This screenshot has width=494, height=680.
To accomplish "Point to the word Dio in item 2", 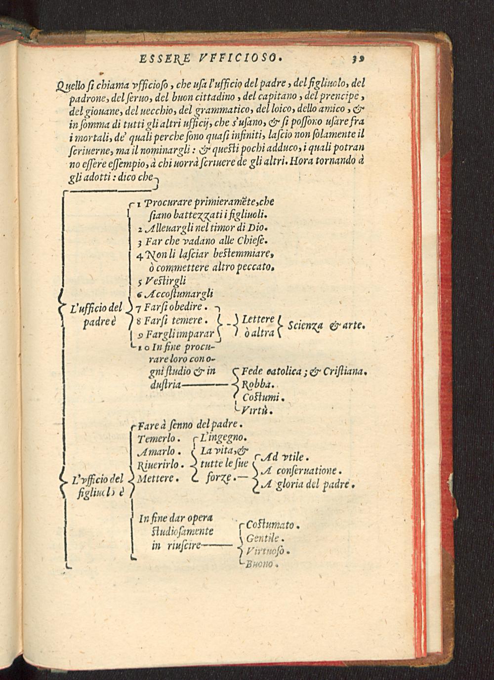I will pos(257,228).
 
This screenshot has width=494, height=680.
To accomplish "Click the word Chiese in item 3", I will pos(254,241).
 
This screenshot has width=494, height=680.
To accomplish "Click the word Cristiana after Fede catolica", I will pos(344,372).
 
